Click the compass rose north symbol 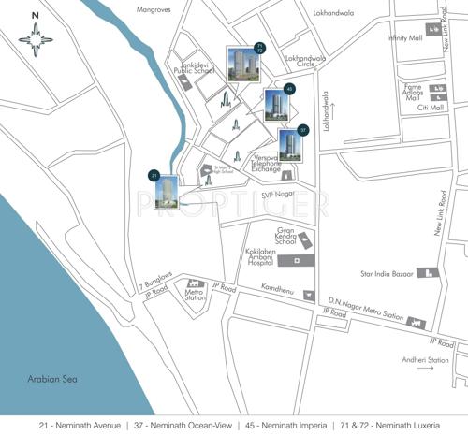click(x=36, y=38)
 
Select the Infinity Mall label click(x=404, y=38)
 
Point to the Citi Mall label click(x=430, y=109)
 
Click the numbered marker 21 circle click(x=154, y=174)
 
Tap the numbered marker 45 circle click(x=289, y=89)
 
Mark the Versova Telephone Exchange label click(x=273, y=164)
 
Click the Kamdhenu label click(x=278, y=286)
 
